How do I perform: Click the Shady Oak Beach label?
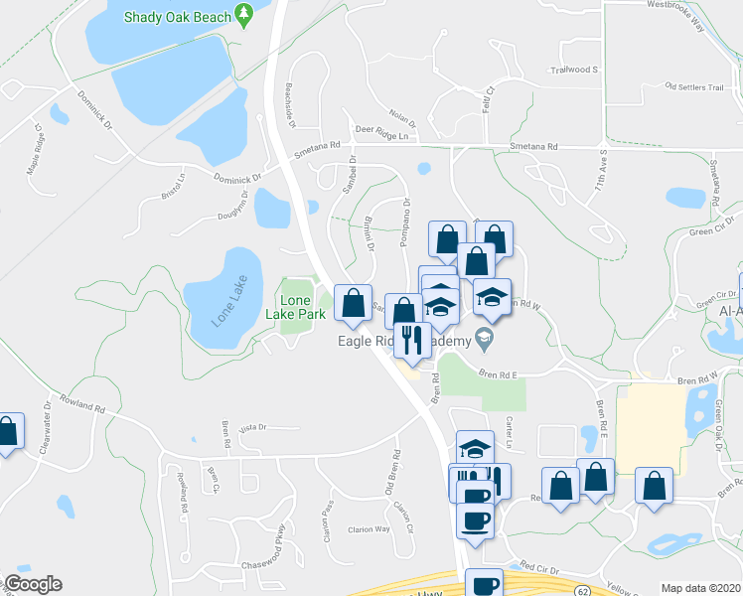[178, 16]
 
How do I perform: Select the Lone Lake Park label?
[302, 307]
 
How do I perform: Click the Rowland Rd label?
[82, 406]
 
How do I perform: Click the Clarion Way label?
[368, 529]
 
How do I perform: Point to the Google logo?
[32, 584]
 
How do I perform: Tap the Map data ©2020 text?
[700, 588]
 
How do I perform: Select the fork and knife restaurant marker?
[409, 340]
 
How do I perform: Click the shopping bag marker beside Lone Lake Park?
[353, 304]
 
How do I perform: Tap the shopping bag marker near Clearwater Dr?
[7, 432]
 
